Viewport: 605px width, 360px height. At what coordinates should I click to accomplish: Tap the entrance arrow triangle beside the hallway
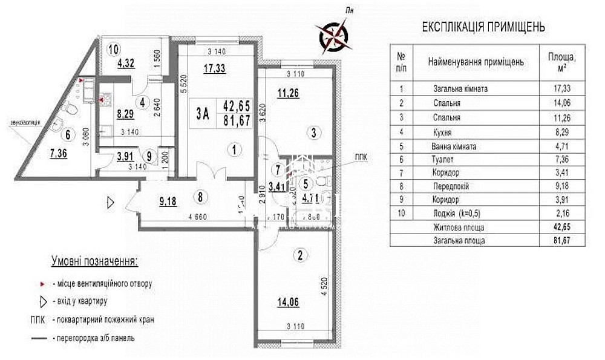coord(110,202)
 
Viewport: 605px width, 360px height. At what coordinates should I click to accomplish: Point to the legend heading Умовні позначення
coord(93,261)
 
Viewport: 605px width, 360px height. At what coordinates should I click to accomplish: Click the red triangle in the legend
coord(41,283)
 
